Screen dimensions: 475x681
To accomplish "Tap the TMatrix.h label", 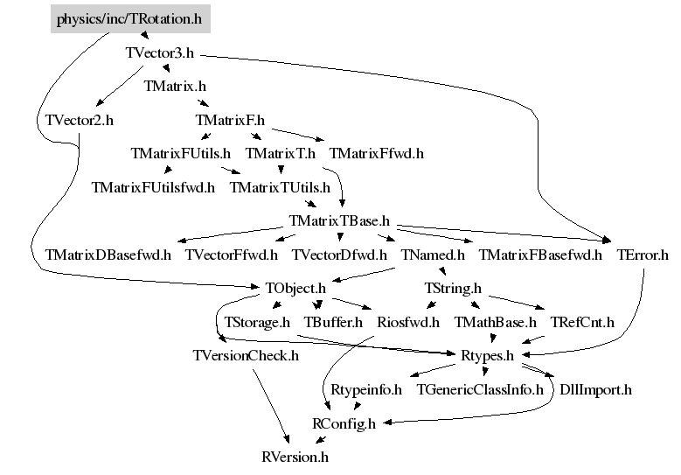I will [175, 87].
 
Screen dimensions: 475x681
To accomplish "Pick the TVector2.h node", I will [79, 120].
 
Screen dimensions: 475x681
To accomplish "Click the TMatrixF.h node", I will [230, 120].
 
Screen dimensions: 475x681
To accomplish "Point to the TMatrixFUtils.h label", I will [180, 154].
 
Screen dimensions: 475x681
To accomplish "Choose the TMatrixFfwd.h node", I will [377, 154].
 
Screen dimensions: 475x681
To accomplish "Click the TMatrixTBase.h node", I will [338, 220].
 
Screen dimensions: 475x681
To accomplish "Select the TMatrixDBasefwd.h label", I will [108, 255].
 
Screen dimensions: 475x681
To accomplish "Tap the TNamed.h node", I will [433, 255].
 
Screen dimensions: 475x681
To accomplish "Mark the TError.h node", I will [643, 255].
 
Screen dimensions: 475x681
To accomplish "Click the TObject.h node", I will [295, 288].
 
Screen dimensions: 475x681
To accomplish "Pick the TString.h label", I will [453, 288].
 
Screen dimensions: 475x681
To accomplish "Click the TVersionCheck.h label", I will [246, 355].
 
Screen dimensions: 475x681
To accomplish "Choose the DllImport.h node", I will [595, 389].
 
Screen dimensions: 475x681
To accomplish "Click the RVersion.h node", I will [295, 457].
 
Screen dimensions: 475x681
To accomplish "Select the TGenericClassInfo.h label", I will [480, 389].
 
